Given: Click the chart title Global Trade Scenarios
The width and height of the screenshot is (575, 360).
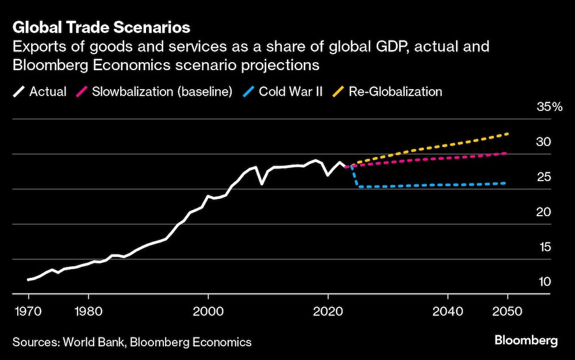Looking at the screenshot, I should click(101, 27).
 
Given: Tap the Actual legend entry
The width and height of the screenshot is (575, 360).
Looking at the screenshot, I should click(40, 91).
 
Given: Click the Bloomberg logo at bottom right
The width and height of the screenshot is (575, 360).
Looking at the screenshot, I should click(526, 341).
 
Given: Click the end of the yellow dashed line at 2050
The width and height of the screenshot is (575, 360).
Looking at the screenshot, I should click(508, 134).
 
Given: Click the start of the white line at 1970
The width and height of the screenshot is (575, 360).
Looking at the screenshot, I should click(28, 280).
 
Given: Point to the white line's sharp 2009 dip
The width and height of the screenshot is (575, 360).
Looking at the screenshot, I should click(262, 184).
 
